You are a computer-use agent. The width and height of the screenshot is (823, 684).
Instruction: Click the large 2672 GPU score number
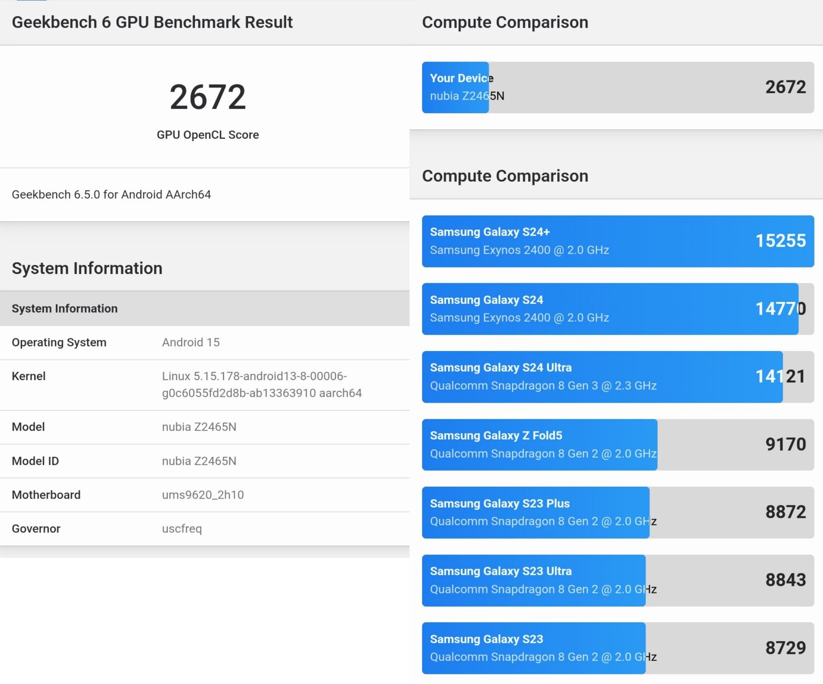click(x=207, y=97)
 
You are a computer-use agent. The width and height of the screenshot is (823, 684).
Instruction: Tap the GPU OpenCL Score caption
click(x=207, y=135)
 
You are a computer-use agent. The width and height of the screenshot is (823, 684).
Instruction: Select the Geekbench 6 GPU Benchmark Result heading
click(x=152, y=22)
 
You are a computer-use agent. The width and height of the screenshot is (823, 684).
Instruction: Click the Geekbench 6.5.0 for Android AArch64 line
click(x=111, y=195)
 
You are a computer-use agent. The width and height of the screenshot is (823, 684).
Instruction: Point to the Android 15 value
click(x=191, y=343)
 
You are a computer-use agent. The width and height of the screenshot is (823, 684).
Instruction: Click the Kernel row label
click(x=28, y=376)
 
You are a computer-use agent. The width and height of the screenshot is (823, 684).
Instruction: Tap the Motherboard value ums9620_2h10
click(x=203, y=495)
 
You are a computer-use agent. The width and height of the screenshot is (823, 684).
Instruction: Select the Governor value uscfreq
click(x=182, y=529)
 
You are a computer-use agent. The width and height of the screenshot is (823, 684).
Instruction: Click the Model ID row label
click(x=35, y=461)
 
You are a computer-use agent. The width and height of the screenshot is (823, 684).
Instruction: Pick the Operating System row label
click(x=59, y=343)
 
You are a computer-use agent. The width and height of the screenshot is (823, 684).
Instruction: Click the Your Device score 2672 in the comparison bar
click(x=785, y=87)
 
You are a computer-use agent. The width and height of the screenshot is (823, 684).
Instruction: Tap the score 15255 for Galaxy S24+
click(x=780, y=241)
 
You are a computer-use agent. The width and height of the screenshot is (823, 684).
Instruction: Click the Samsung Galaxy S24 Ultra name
click(x=500, y=368)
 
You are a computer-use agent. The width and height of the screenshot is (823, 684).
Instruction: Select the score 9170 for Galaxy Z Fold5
click(x=785, y=444)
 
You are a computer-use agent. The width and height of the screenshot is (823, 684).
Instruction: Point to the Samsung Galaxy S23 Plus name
click(x=499, y=503)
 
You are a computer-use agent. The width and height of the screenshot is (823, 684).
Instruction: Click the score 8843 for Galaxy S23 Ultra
click(x=785, y=580)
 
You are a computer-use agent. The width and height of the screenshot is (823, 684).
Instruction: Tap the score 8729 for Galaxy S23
click(x=785, y=648)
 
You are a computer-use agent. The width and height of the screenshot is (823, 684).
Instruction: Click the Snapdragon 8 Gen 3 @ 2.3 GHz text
click(x=543, y=386)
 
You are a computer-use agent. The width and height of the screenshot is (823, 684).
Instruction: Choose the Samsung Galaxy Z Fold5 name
click(x=496, y=436)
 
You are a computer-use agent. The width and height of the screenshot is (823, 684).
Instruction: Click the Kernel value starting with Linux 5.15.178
click(x=261, y=384)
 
